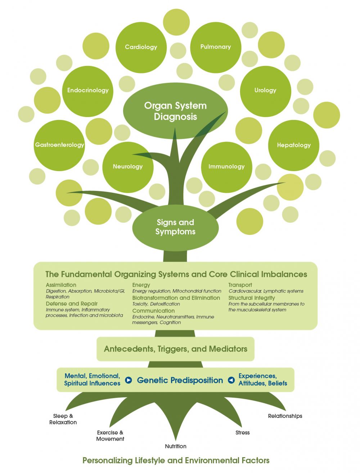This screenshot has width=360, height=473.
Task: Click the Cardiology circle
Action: tap(141, 48)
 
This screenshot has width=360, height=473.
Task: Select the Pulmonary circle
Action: tap(216, 48)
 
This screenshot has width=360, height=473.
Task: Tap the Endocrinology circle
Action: tap(87, 92)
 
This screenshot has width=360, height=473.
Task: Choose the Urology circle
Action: tap(265, 92)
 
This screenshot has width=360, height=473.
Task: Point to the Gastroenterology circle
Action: tap(59, 146)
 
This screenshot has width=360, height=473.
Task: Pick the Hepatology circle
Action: tap(294, 146)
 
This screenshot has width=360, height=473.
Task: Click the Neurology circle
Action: tap(128, 167)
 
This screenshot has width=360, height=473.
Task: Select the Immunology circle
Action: tap(226, 167)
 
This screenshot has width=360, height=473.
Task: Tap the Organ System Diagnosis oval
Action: tap(175, 111)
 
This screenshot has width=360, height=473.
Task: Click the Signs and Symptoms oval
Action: tap(175, 228)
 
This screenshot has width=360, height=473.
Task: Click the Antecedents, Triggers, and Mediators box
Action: tap(175, 349)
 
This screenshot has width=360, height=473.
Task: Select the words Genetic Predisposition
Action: tap(180, 380)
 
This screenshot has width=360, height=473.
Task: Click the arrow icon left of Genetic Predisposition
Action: tap(129, 380)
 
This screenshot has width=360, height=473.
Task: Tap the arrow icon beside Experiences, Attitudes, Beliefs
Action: tap(231, 380)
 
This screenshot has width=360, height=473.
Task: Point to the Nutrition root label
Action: tap(175, 446)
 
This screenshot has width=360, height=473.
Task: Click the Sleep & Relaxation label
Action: tap(63, 419)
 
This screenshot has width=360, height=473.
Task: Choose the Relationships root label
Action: tap(285, 416)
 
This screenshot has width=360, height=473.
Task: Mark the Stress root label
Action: tap(242, 433)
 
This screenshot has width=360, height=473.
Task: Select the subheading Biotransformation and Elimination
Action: tap(176, 298)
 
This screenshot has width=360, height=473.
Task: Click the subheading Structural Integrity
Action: tap(252, 298)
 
